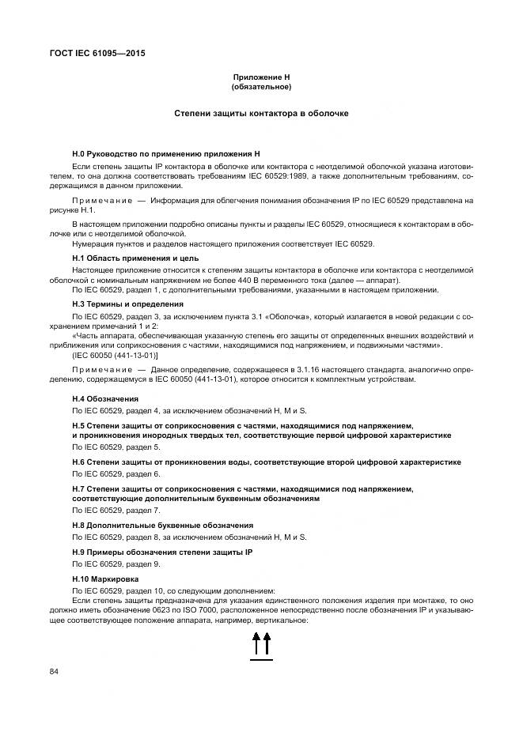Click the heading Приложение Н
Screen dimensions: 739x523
[x=261, y=77]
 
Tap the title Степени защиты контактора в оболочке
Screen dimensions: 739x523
[x=261, y=114]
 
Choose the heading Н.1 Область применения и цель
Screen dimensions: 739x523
[x=135, y=258]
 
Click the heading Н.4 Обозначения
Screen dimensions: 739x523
[x=105, y=398]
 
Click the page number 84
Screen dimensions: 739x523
[x=55, y=672]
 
